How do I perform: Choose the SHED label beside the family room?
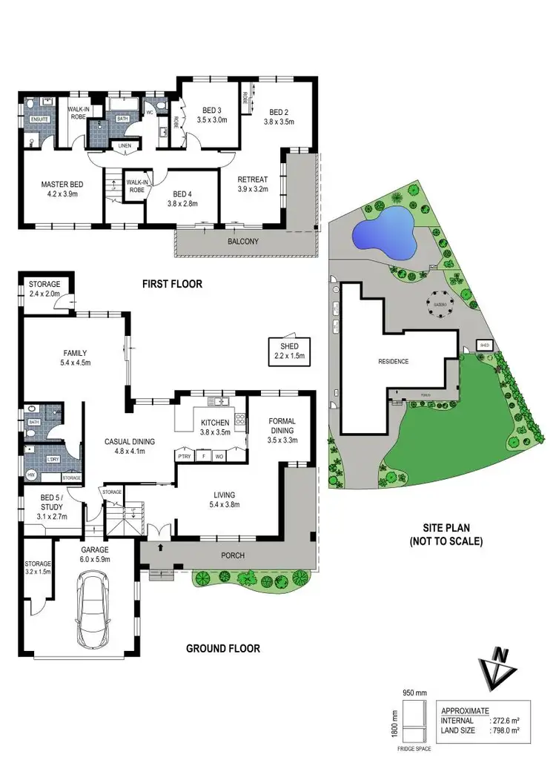(x=288, y=351)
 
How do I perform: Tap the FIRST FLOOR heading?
(x=172, y=284)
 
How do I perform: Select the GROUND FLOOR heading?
(x=222, y=649)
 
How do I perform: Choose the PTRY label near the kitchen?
(x=184, y=457)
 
